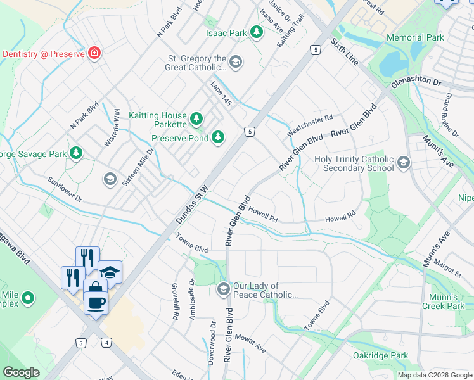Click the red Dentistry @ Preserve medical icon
click(x=94, y=53)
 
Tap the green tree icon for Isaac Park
click(x=256, y=32)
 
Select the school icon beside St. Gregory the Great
click(x=236, y=61)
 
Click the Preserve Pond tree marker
click(x=218, y=137)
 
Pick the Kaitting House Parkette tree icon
click(x=196, y=118)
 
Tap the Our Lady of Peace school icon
click(x=223, y=290)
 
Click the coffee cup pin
click(x=96, y=301)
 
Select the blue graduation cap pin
click(x=110, y=272)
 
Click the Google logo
click(x=22, y=372)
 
